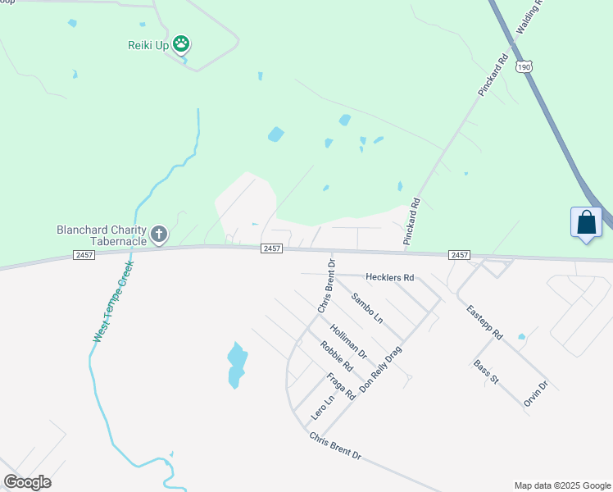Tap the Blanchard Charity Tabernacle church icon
(159, 235)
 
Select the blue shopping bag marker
(587, 223)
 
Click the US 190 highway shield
(523, 66)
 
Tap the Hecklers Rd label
(390, 278)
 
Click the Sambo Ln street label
(366, 307)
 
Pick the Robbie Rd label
(336, 355)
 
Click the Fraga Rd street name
(340, 385)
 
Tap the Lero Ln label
(323, 410)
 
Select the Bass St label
(485, 371)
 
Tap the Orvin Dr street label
(535, 394)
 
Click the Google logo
(27, 482)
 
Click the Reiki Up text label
(148, 45)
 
